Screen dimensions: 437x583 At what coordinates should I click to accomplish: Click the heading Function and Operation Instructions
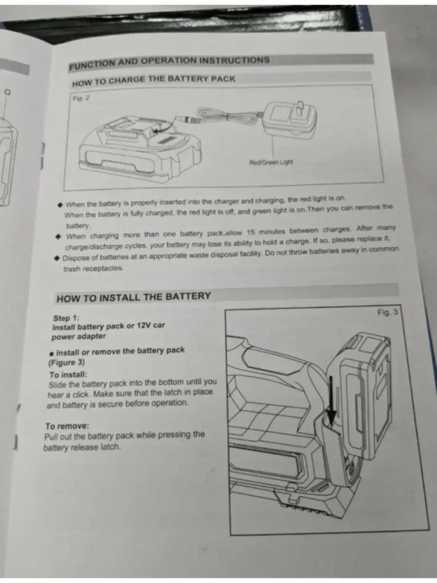(169, 62)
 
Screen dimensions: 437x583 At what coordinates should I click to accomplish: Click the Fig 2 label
(81, 98)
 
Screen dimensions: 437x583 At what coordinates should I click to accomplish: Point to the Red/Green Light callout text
(271, 162)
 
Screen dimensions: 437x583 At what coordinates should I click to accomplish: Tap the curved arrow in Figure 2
(165, 127)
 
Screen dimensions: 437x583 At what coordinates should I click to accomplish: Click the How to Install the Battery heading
(133, 297)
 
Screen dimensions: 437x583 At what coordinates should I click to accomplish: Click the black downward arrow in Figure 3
(330, 402)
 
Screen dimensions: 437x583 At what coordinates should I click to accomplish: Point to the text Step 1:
(66, 318)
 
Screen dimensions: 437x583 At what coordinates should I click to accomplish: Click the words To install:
(68, 374)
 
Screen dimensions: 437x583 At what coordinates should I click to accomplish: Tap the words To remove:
(67, 426)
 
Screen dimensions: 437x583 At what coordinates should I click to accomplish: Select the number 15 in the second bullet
(251, 233)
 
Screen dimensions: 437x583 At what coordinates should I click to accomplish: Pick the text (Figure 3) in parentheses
(66, 363)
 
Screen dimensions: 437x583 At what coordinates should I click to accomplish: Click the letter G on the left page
(8, 92)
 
